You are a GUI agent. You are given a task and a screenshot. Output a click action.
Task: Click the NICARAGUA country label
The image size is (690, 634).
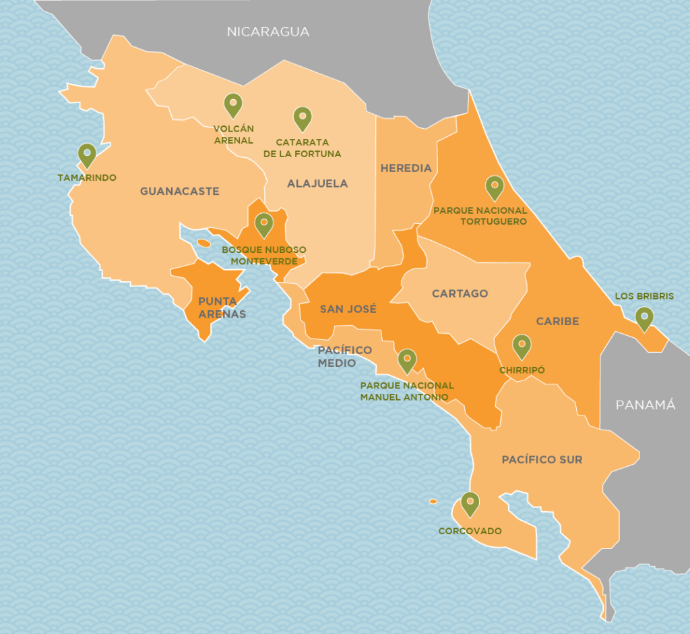[x=268, y=32]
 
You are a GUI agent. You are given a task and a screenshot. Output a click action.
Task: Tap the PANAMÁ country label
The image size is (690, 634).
[x=645, y=405]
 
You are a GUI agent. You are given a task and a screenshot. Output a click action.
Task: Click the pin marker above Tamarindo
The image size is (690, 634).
[x=86, y=155]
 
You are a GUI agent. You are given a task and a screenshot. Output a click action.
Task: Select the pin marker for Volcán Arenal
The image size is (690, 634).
[x=232, y=105]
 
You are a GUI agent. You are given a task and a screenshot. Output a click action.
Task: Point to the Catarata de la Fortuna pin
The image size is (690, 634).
[x=302, y=118]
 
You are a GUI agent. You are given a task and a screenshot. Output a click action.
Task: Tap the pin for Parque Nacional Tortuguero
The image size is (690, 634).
[x=494, y=187]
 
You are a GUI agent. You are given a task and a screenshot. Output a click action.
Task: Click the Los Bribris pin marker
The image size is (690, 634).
[x=644, y=318]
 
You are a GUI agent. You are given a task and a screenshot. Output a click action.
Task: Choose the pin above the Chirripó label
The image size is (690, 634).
[x=522, y=345]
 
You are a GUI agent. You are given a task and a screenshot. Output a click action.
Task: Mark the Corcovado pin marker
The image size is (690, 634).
[x=470, y=503]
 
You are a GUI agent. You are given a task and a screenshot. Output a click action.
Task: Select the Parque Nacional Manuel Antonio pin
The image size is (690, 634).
[x=407, y=360]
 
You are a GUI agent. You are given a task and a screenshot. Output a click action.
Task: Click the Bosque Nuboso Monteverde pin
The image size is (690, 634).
[x=263, y=224]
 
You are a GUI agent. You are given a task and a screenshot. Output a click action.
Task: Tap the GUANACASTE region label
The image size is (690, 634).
[x=180, y=192]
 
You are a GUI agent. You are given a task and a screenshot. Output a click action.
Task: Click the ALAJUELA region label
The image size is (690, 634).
[x=317, y=183]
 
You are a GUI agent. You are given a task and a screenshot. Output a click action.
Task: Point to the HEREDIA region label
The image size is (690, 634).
[x=406, y=168]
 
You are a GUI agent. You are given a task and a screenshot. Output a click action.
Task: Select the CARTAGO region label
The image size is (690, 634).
[x=460, y=293]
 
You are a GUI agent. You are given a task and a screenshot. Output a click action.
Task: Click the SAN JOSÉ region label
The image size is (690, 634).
[x=348, y=310]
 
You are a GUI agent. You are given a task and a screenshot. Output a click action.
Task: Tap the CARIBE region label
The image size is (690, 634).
[x=557, y=321]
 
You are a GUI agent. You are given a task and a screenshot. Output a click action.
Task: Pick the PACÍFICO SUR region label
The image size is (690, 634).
[x=542, y=459]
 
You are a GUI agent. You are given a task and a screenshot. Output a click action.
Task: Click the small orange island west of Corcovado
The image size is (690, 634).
[x=433, y=501]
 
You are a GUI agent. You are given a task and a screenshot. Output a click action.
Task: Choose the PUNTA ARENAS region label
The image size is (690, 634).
[x=222, y=308]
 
